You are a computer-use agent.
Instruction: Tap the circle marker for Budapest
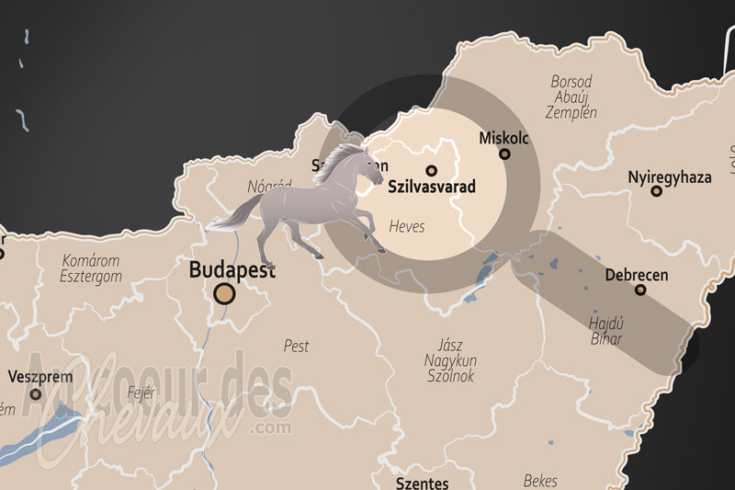(x=224, y=294)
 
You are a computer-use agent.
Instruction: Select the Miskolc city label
(x=504, y=138)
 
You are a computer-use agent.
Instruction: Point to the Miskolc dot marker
(x=504, y=154)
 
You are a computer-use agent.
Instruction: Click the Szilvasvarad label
(x=432, y=187)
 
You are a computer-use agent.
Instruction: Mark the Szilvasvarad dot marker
(x=431, y=170)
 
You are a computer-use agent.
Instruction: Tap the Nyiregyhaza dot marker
(x=656, y=191)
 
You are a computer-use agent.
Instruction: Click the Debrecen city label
(x=637, y=275)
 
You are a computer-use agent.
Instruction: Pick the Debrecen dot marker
(x=640, y=291)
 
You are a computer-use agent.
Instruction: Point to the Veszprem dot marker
(x=36, y=393)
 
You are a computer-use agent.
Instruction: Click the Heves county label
(x=407, y=225)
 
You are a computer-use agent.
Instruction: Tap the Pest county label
(x=296, y=347)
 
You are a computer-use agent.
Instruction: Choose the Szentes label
(x=422, y=483)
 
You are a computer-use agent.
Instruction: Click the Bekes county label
(x=539, y=481)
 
